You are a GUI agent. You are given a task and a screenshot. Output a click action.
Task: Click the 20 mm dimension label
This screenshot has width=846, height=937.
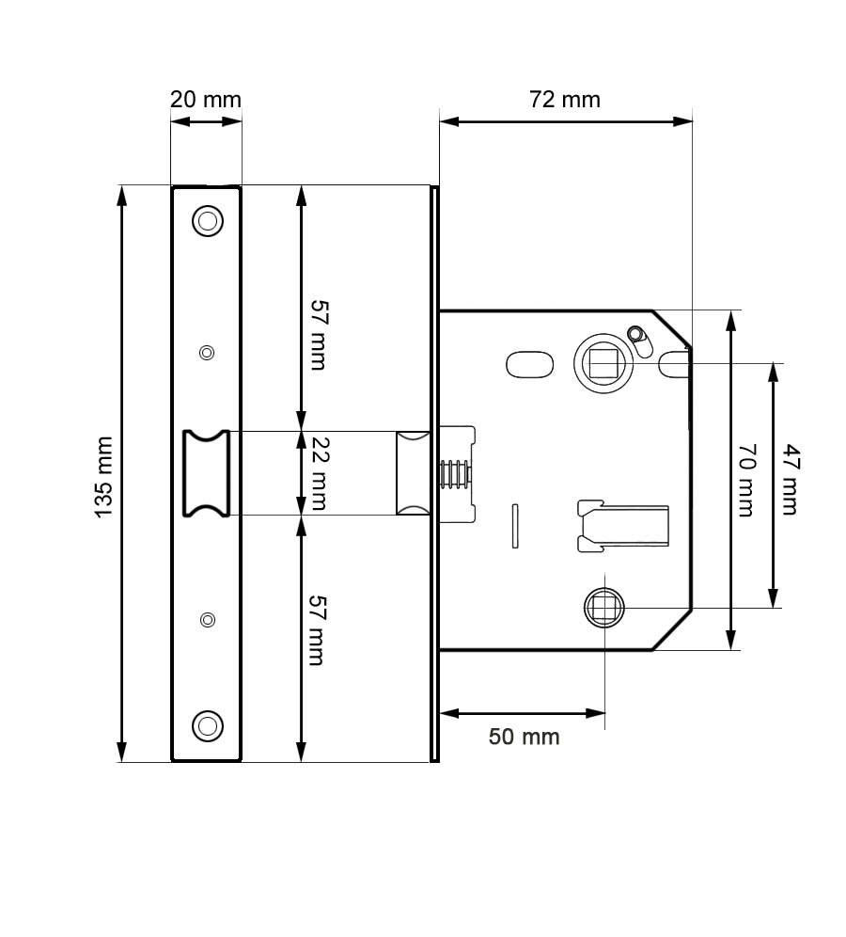pyautogui.click(x=205, y=99)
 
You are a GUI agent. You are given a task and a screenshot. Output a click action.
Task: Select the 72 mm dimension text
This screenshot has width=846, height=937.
pyautogui.click(x=564, y=99)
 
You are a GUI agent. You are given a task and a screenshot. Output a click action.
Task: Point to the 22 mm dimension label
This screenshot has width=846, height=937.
pyautogui.click(x=317, y=473)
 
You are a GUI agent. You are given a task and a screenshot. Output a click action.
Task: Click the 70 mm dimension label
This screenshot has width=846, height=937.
pyautogui.click(x=745, y=480)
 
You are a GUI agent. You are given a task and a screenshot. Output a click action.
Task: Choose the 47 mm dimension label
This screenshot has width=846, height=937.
pyautogui.click(x=788, y=480)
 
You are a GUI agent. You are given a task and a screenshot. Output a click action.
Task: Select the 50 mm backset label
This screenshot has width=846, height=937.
pyautogui.click(x=524, y=736)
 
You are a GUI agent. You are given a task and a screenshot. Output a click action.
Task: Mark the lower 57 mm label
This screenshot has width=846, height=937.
pyautogui.click(x=317, y=630)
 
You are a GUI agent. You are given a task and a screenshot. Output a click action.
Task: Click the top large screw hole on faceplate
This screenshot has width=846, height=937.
pyautogui.click(x=207, y=221)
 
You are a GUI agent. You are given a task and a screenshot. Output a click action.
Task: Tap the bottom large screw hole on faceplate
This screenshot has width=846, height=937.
pyautogui.click(x=207, y=725)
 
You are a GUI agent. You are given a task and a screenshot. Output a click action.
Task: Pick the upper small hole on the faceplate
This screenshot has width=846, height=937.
pyautogui.click(x=207, y=353)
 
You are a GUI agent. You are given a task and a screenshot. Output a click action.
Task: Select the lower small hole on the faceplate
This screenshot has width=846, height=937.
pyautogui.click(x=207, y=619)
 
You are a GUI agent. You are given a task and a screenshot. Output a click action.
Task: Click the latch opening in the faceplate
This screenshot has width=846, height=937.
pyautogui.click(x=207, y=473)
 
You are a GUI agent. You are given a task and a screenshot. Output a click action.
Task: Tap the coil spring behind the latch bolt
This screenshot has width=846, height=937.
pyautogui.click(x=454, y=474)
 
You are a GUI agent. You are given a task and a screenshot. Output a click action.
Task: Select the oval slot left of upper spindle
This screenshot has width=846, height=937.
pyautogui.click(x=529, y=363)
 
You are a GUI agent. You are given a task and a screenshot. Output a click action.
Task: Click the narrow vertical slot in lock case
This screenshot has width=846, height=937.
pyautogui.click(x=514, y=525)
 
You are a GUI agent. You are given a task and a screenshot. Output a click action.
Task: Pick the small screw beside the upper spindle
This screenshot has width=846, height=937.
pyautogui.click(x=636, y=334)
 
